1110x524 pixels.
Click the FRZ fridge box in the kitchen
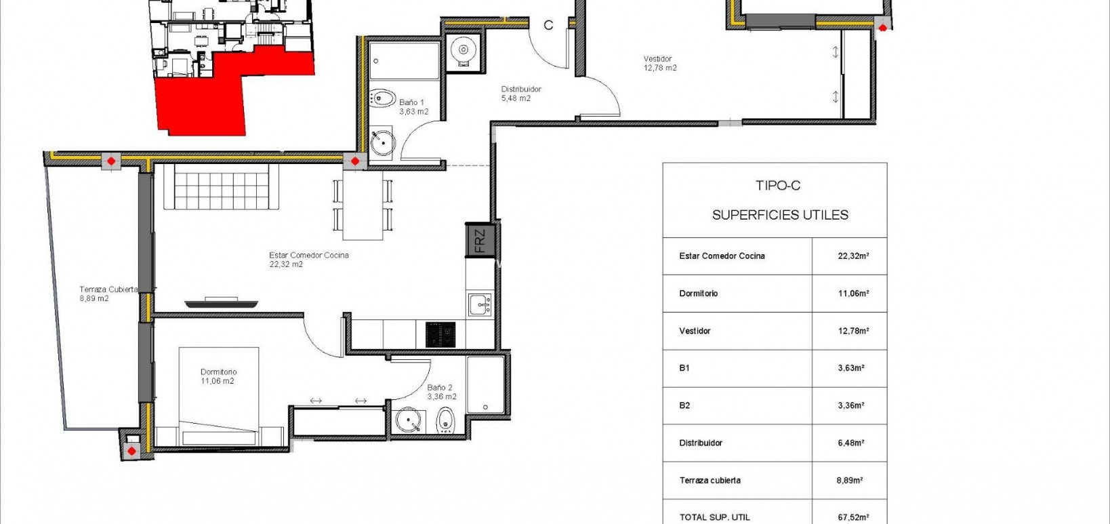(480, 241)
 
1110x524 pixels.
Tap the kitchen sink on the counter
(480, 304)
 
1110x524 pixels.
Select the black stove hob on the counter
(440, 334)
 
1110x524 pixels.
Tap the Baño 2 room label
(441, 392)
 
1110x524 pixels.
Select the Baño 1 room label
(413, 107)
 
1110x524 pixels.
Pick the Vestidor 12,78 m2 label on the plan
(660, 63)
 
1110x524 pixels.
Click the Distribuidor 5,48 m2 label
(520, 94)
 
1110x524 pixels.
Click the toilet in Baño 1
(384, 98)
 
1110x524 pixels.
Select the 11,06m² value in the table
(853, 294)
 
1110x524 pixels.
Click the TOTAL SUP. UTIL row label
(714, 517)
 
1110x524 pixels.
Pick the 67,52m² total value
(853, 517)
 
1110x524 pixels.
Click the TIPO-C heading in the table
(777, 185)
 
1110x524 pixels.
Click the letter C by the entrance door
(548, 25)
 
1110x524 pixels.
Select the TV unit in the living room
(222, 303)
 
